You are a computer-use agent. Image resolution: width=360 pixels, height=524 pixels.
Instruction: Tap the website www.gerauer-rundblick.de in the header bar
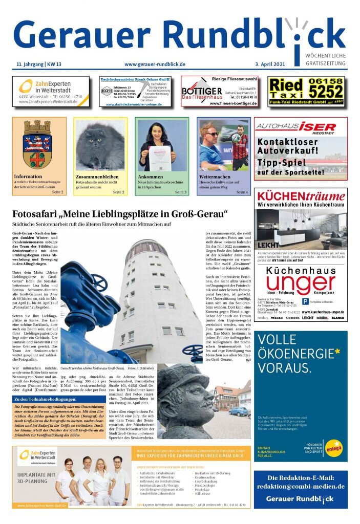tap(155, 64)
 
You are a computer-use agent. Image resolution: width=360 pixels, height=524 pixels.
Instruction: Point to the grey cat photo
tap(100, 147)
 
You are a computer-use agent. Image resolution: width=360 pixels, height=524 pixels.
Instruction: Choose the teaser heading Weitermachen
tap(214, 177)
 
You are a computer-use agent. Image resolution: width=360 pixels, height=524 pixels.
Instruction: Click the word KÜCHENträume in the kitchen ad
tap(301, 196)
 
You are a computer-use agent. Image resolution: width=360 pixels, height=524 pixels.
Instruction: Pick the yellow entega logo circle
tap(333, 448)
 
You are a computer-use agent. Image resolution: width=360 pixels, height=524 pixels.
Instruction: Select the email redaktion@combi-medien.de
tap(301, 487)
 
